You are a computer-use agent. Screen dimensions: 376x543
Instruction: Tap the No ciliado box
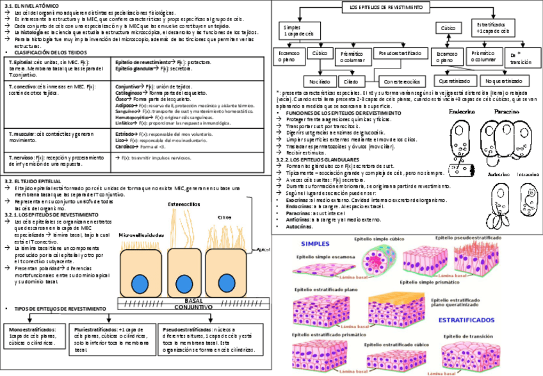click(x=320, y=82)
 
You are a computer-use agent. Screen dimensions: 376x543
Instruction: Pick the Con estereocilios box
click(x=403, y=82)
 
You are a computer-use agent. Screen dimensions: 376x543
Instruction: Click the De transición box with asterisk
click(x=521, y=58)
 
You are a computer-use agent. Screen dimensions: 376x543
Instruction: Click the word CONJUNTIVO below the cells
click(x=193, y=307)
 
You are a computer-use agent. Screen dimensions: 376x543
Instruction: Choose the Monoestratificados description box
click(x=36, y=336)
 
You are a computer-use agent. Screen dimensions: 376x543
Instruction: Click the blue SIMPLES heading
click(x=316, y=243)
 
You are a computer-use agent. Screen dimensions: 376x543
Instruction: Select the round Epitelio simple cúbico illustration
click(x=377, y=261)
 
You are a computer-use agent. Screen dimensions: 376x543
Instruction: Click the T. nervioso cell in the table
click(x=58, y=160)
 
